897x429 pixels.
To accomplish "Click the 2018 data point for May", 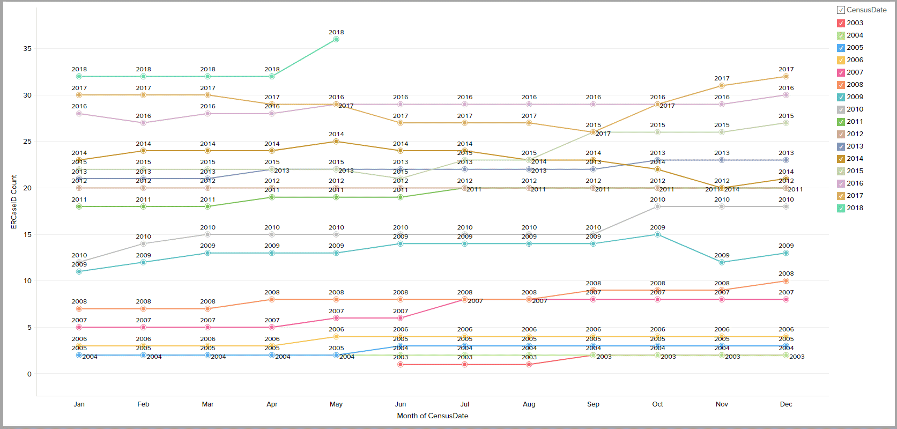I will tap(336, 39).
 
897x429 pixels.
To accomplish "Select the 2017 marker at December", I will tap(786, 77).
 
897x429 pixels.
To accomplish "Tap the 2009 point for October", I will tap(657, 234).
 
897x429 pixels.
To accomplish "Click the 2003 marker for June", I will tap(401, 365).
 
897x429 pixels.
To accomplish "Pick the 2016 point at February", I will tap(143, 123).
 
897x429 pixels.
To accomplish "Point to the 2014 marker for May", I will tap(336, 142).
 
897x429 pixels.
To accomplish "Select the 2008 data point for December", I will tap(786, 281).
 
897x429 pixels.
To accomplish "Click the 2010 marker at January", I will tap(79, 262).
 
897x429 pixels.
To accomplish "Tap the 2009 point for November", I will tap(722, 262).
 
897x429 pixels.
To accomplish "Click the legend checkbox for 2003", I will tap(841, 23).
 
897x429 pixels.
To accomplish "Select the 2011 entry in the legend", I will tap(855, 122).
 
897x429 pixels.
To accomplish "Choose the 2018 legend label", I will tap(855, 208).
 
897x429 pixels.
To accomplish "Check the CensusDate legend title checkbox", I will tap(841, 10).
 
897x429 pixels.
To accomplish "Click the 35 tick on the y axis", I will tap(27, 49).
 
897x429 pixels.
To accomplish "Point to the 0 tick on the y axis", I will tap(29, 374).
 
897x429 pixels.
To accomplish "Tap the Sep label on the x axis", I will tap(593, 404).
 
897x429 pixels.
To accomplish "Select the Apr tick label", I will tap(272, 404).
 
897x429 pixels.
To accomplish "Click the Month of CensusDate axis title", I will tap(432, 416).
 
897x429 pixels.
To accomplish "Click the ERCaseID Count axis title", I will tap(14, 202).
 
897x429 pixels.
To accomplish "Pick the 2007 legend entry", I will tap(855, 72).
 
